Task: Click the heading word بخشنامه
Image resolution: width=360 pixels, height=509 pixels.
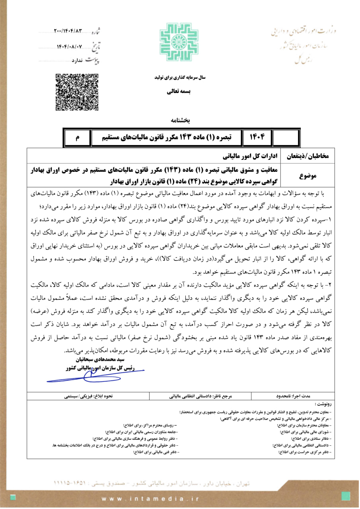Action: tap(180, 120)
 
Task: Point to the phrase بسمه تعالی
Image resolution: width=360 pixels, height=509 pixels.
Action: tap(179, 91)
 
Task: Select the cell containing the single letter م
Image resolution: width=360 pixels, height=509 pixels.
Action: tap(78, 138)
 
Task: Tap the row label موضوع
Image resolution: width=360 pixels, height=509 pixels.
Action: tap(307, 175)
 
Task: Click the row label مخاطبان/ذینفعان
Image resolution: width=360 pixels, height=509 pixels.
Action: tap(307, 156)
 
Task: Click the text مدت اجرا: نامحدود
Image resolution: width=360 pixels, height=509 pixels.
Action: tap(293, 396)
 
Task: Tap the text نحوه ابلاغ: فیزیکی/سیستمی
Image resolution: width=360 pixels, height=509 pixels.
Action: tap(86, 396)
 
